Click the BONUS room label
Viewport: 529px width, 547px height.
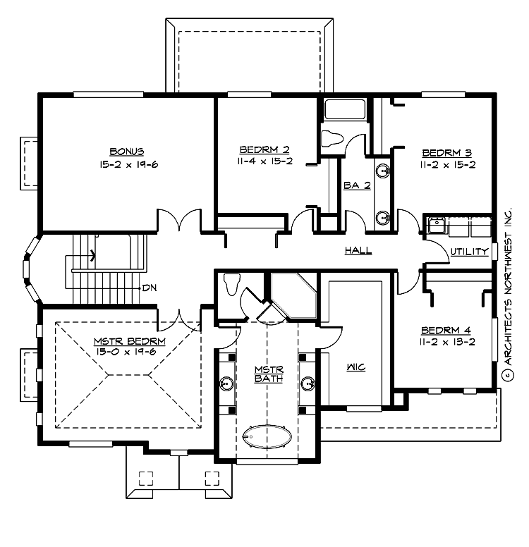(127, 152)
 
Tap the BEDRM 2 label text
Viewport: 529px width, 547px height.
(264, 149)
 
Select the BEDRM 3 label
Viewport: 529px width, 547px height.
(446, 152)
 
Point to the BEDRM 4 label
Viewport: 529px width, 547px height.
(445, 330)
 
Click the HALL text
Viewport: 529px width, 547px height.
(358, 250)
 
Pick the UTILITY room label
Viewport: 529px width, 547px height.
(469, 251)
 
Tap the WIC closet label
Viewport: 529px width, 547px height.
(355, 367)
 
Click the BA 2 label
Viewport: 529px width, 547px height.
(357, 185)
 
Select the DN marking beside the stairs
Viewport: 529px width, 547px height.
(149, 288)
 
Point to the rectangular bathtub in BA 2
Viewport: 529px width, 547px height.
(344, 110)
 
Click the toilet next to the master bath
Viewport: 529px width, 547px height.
(231, 284)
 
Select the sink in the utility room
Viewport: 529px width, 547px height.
(435, 226)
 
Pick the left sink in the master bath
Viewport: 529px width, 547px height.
(227, 383)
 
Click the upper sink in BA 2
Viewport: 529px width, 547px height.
(383, 171)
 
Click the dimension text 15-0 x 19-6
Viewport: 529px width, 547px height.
(129, 352)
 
